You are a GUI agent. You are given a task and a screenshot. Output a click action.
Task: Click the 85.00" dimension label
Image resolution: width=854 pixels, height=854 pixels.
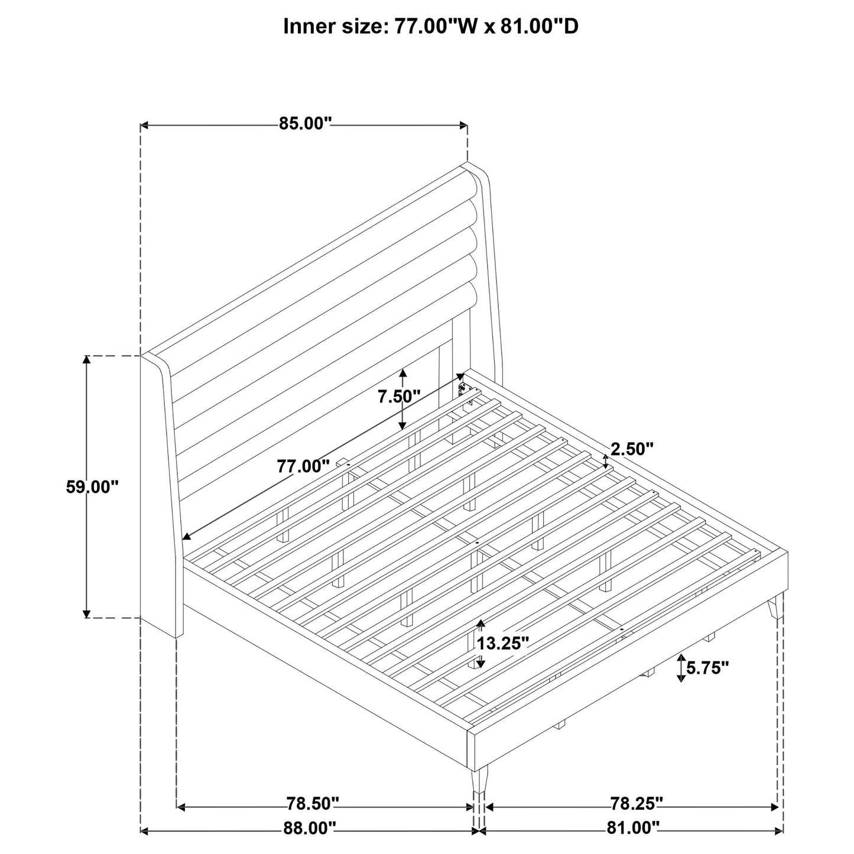[305, 124]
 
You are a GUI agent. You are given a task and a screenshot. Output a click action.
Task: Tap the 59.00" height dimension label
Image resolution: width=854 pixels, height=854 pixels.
[92, 487]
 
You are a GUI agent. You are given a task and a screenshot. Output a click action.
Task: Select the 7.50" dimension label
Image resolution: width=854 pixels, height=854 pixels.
[399, 397]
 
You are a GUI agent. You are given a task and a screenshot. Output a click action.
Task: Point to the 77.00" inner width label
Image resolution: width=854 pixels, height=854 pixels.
[303, 466]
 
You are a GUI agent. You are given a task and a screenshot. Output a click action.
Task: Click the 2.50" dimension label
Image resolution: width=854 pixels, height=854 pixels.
[632, 449]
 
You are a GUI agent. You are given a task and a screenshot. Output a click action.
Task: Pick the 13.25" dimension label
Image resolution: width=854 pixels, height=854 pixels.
[503, 643]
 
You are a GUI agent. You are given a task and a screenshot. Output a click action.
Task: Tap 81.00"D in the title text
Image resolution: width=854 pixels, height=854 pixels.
[540, 27]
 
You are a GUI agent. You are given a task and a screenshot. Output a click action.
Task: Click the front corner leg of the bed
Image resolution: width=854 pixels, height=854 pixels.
[479, 786]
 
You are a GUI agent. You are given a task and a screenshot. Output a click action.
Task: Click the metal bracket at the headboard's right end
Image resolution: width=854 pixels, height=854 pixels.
[464, 392]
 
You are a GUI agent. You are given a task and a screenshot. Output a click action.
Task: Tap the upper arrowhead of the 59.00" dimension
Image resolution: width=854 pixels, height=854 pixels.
[87, 361]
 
